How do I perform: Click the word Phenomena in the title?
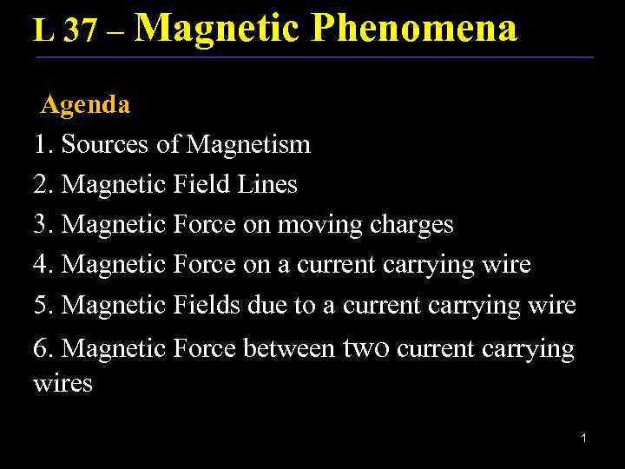coord(414,28)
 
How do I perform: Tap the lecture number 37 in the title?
coord(80,31)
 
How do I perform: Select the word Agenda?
coord(85,105)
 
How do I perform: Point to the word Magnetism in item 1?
coord(248,144)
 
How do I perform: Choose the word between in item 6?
coord(288,349)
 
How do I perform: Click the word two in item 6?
coord(372,349)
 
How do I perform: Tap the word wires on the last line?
coord(62,383)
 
